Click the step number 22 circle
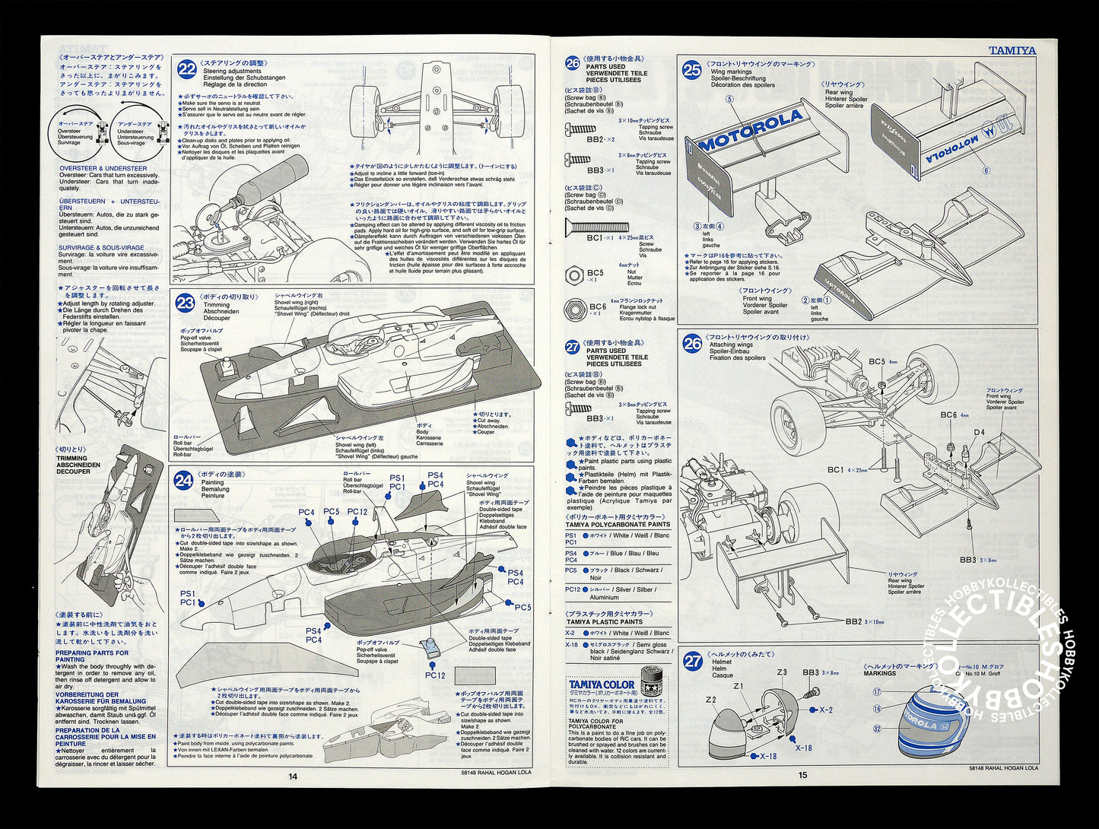coord(186,70)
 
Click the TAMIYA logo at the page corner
coord(1012,50)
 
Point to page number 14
coord(293,776)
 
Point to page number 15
coord(802,776)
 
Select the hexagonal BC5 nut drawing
coord(574,275)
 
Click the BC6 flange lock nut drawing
coord(574,309)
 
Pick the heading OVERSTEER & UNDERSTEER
coord(103,168)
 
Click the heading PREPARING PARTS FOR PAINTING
coord(91,656)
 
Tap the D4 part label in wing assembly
coord(979,433)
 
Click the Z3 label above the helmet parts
coord(782,672)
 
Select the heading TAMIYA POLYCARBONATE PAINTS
coord(618,524)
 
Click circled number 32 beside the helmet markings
coord(877,728)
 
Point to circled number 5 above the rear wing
coord(729,99)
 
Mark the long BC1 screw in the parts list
coord(597,226)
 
